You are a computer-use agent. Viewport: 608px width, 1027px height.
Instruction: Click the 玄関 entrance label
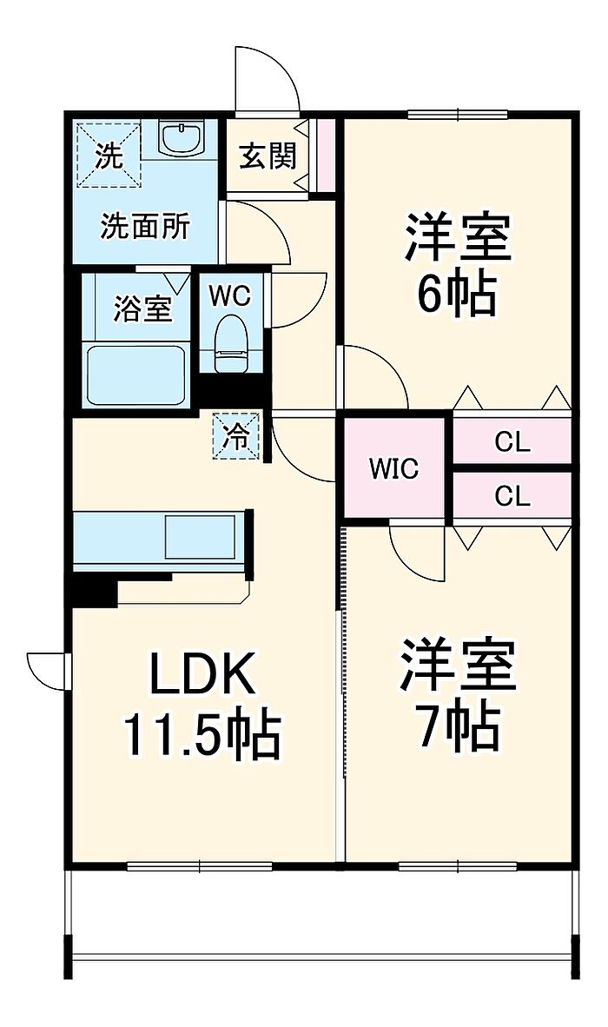coord(268,156)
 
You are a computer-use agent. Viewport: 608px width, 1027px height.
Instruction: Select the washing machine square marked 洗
coord(109,155)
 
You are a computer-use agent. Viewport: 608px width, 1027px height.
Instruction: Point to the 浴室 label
coord(143,308)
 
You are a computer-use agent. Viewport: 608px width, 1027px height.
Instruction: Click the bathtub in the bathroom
coord(136,374)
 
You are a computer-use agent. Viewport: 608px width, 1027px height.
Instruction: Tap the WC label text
coord(229,295)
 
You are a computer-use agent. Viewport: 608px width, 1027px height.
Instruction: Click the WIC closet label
coord(393,469)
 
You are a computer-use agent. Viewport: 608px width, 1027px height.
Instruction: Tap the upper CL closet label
coord(512,442)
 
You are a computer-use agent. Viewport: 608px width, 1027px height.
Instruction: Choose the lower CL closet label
coord(512,496)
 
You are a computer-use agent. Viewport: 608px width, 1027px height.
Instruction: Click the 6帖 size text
coord(456,295)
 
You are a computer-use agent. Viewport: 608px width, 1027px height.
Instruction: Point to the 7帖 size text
coord(458,728)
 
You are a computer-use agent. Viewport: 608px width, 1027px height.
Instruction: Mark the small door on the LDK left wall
coord(48,669)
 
